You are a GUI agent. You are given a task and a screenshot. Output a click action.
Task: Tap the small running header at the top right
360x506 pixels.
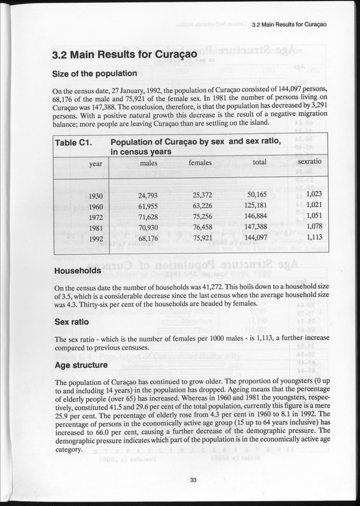[285, 25]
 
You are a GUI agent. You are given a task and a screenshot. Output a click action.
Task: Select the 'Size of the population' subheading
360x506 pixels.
[94, 74]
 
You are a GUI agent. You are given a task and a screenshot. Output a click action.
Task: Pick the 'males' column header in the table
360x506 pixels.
[148, 163]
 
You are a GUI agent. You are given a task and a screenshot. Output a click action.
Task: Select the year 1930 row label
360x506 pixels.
[96, 196]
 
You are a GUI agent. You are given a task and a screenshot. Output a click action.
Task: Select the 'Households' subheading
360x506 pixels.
[77, 270]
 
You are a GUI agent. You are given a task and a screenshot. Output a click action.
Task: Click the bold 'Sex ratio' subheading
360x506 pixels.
[73, 322]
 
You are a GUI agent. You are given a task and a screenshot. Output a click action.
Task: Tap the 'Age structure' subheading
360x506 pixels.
[81, 365]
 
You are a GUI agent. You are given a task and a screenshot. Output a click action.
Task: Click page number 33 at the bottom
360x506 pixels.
[193, 480]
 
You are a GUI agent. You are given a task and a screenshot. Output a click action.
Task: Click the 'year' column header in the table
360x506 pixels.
[95, 164]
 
